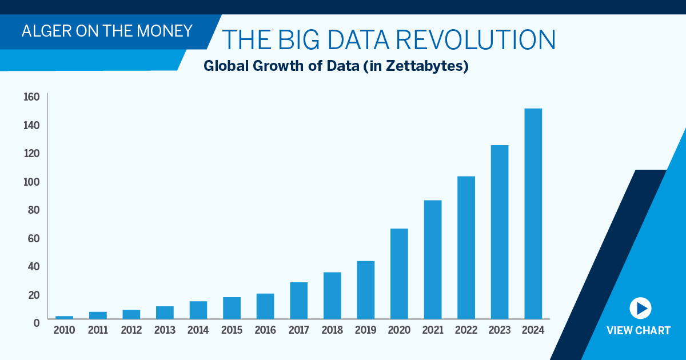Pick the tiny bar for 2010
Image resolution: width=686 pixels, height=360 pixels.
[x=64, y=317]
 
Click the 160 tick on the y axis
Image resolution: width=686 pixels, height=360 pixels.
[x=31, y=97]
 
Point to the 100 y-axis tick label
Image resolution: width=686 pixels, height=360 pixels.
[x=31, y=182]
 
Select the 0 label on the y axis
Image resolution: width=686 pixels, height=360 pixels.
[x=36, y=323]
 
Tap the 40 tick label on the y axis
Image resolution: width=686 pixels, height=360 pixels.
[x=33, y=266]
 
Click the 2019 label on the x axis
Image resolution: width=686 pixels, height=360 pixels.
[x=366, y=330]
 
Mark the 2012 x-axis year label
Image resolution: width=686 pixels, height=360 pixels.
[x=131, y=330]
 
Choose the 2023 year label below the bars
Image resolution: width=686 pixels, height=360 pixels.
[x=500, y=330]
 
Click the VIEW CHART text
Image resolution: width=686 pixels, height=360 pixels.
[x=638, y=331]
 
